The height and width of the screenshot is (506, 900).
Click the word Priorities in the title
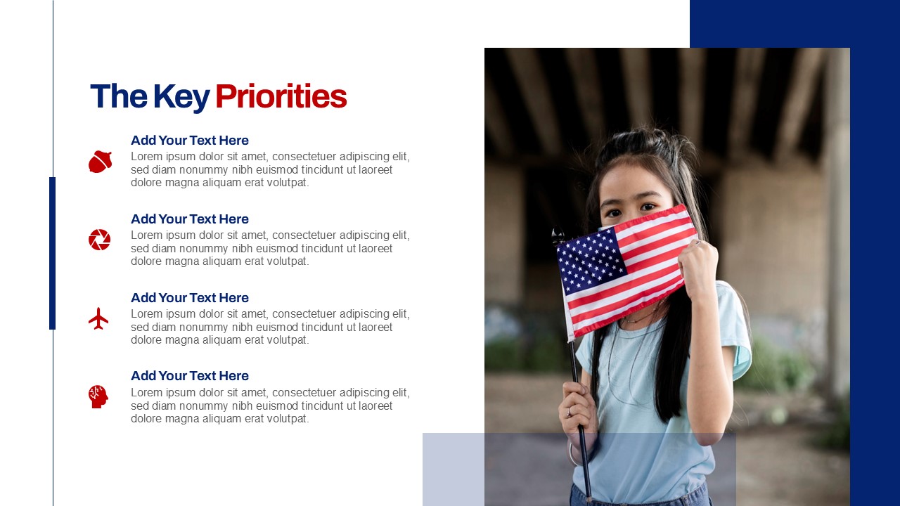[x=281, y=96]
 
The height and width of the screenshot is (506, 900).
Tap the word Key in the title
[x=181, y=98]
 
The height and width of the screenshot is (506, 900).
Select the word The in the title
[x=119, y=96]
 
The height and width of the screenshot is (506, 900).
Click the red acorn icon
[x=100, y=162]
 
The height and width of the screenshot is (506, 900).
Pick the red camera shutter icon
[x=99, y=240]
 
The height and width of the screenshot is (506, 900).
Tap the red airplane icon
[x=98, y=318]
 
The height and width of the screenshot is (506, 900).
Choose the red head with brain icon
[x=98, y=397]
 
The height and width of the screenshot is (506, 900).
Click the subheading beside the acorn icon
[x=190, y=141]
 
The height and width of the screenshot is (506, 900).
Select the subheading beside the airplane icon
[x=190, y=298]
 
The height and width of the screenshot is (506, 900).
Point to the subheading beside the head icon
[x=190, y=376]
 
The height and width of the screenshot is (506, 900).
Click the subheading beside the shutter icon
[x=190, y=219]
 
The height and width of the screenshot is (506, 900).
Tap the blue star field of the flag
[x=590, y=260]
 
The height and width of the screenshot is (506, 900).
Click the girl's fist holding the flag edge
[x=698, y=267]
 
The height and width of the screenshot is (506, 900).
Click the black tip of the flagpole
[x=558, y=236]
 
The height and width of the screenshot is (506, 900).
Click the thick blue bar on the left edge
[x=52, y=253]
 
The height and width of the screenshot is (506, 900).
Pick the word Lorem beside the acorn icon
[x=147, y=156]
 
